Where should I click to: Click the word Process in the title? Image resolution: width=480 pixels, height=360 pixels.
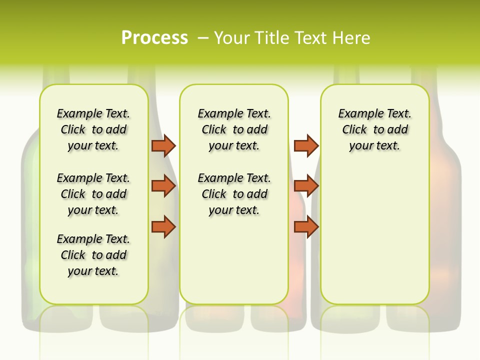click(154, 37)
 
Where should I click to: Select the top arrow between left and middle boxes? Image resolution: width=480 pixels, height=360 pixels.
click(163, 145)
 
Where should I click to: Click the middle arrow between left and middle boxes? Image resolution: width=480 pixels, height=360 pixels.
click(163, 186)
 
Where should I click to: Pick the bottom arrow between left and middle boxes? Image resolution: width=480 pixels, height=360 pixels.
click(163, 227)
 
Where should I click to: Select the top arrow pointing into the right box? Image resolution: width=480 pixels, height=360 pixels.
click(306, 145)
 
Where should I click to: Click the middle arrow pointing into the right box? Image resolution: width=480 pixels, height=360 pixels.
click(306, 186)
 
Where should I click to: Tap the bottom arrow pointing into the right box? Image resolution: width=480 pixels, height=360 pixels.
click(306, 227)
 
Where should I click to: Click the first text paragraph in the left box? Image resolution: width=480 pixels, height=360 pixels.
click(93, 129)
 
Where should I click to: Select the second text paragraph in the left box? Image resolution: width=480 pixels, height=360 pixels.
click(93, 194)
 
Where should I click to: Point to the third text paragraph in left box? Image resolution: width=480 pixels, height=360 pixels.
click(93, 255)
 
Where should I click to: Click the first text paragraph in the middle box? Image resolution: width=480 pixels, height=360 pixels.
click(234, 129)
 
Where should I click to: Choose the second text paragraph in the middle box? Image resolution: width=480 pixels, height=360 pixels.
click(234, 194)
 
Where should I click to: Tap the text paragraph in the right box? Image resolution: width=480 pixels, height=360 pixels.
click(374, 129)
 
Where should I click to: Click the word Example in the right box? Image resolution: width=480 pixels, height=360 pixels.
click(357, 114)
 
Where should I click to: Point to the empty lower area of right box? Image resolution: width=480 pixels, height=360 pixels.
click(374, 235)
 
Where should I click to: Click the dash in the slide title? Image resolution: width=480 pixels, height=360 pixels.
click(203, 38)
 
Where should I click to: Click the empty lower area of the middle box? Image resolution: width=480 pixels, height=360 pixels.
click(234, 260)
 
